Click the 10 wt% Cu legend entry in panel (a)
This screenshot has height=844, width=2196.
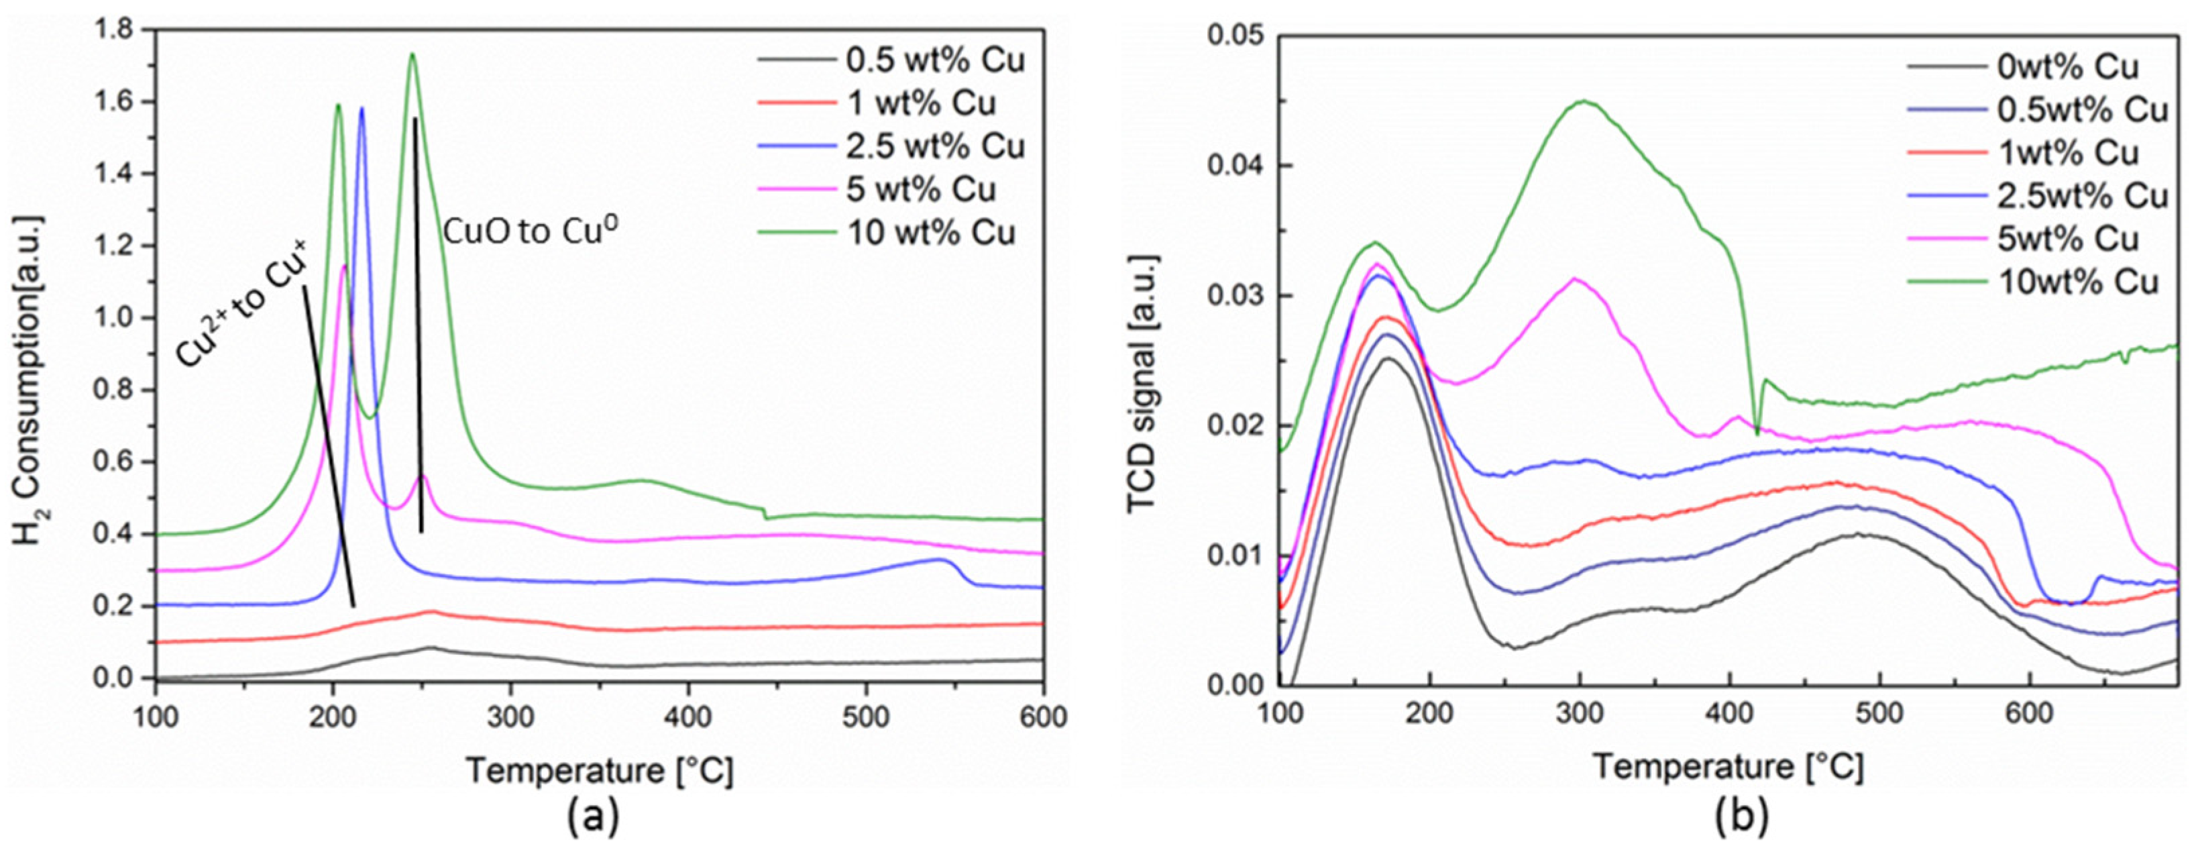click(931, 233)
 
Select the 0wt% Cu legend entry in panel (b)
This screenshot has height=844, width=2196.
click(2068, 66)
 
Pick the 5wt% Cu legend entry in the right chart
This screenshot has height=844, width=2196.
click(2068, 239)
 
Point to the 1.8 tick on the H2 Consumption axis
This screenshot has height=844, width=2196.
click(115, 30)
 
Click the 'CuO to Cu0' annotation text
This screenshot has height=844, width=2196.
click(531, 231)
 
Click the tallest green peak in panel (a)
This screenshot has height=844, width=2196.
click(413, 54)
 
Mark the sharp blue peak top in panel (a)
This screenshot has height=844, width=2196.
click(362, 108)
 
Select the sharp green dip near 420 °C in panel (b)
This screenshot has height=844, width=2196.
click(1757, 433)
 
